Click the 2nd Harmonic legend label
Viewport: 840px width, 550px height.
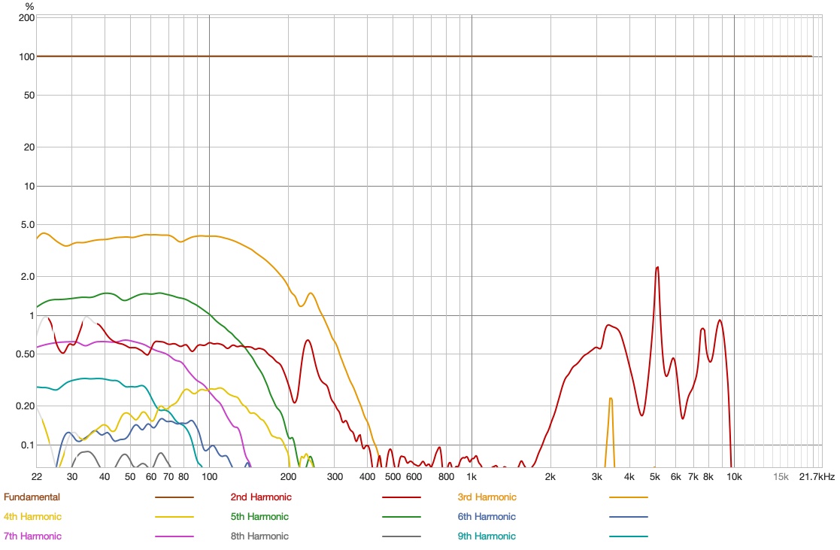[260, 497]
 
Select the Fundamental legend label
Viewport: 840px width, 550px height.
[32, 497]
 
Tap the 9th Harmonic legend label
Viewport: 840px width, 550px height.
[487, 536]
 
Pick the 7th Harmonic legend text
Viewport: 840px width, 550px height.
[32, 536]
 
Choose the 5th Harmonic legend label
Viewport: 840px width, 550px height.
[260, 517]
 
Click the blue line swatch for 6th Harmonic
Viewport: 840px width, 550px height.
[628, 517]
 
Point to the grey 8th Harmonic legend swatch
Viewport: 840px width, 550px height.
[402, 536]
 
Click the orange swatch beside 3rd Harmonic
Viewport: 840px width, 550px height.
[628, 497]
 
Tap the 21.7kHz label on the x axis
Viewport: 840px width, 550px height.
[817, 477]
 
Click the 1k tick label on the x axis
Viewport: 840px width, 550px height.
[472, 477]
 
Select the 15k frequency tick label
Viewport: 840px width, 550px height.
[781, 477]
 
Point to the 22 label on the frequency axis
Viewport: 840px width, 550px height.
[37, 477]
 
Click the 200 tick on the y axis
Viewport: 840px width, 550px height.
[26, 17]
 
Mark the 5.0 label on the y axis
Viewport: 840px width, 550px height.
[26, 225]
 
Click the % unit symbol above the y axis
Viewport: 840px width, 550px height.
[29, 6]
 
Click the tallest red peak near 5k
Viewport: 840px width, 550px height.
[657, 267]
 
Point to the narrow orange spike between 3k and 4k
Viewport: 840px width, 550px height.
[611, 399]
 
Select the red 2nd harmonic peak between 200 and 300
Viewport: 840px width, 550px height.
[308, 341]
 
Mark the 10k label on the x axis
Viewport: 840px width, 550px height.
[734, 477]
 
